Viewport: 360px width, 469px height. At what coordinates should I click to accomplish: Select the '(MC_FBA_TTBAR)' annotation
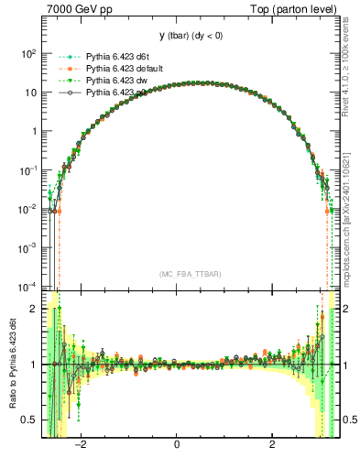tap(191, 273)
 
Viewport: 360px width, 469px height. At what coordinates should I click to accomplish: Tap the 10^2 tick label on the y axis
tap(27, 54)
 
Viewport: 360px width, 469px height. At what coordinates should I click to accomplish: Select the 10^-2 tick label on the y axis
tap(26, 209)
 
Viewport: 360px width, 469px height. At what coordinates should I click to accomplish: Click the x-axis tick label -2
tap(81, 446)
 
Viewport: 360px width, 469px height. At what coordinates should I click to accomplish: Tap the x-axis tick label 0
tap(177, 446)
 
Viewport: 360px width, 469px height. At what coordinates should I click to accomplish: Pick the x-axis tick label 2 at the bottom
tap(272, 446)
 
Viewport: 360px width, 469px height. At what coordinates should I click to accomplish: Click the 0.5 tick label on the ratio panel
tap(29, 420)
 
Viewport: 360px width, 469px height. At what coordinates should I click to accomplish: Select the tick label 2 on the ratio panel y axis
tap(33, 310)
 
